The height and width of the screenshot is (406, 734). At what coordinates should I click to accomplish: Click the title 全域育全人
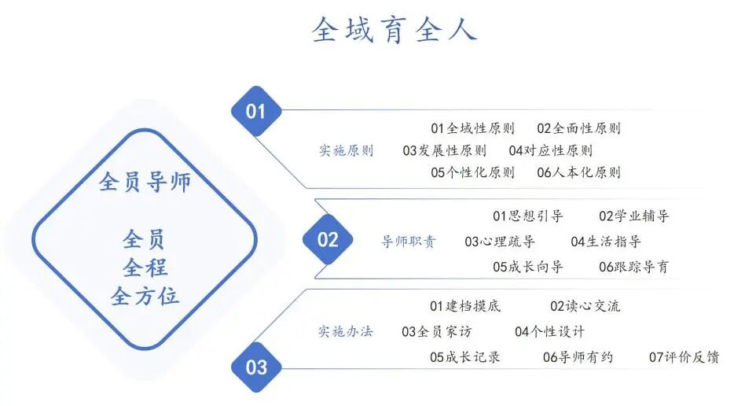click(394, 29)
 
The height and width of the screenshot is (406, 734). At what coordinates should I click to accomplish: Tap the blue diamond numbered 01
click(256, 111)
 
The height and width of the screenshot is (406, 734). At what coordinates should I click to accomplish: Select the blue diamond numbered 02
click(328, 240)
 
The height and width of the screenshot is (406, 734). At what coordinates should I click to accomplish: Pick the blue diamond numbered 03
click(256, 367)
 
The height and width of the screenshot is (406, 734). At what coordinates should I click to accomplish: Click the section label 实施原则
click(346, 150)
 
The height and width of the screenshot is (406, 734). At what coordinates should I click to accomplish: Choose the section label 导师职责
click(409, 242)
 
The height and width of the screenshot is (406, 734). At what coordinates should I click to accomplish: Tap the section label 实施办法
click(346, 331)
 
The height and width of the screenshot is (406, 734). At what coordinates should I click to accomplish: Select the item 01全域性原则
click(472, 128)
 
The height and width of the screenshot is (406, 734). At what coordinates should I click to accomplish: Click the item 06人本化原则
click(578, 172)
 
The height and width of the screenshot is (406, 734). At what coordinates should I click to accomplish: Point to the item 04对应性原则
click(550, 150)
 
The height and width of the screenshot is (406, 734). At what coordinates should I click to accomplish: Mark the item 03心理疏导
click(499, 242)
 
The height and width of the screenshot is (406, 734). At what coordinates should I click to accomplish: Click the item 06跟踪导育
click(633, 267)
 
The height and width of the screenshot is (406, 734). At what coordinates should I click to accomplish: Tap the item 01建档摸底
click(464, 306)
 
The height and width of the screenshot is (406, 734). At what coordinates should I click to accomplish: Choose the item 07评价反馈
click(684, 357)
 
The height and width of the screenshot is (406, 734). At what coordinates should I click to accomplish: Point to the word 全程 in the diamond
click(145, 268)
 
